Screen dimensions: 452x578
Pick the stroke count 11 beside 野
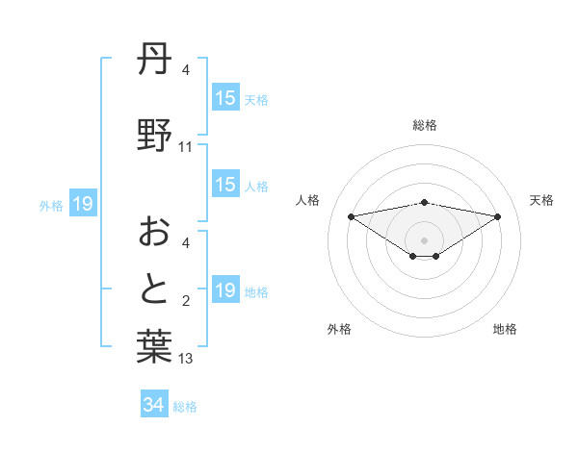click(x=186, y=147)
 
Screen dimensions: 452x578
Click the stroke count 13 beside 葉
click(x=186, y=359)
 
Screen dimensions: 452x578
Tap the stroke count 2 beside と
click(x=186, y=302)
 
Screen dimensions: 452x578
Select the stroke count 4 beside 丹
click(x=186, y=70)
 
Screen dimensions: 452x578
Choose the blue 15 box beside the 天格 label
click(x=225, y=98)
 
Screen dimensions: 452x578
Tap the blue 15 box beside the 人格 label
click(x=225, y=185)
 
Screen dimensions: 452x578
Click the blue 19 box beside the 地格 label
click(x=225, y=290)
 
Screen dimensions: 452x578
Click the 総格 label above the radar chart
click(x=425, y=125)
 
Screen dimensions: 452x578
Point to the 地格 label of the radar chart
click(x=505, y=329)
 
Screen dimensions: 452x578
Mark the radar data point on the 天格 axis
click(x=498, y=216)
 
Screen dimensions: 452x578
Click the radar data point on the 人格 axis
click(x=351, y=216)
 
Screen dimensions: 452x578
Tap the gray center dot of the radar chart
click(x=424, y=239)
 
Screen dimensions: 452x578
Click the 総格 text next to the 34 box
click(x=185, y=406)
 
